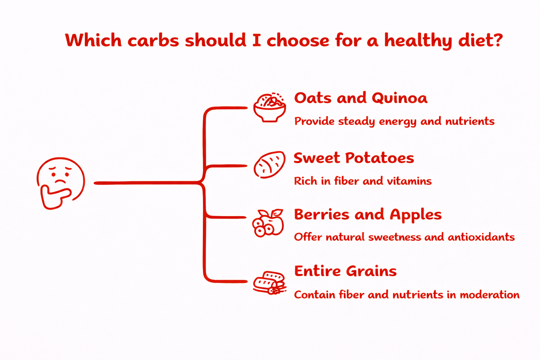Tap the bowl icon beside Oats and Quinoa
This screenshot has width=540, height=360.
(x=270, y=108)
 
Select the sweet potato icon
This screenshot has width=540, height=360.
(x=269, y=165)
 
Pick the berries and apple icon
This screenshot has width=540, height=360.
(x=268, y=223)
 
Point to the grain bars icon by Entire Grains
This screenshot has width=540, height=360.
(x=269, y=282)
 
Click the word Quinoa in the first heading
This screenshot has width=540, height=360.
(x=399, y=98)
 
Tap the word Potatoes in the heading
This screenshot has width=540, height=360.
(x=380, y=158)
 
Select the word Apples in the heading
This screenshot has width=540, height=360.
(x=416, y=215)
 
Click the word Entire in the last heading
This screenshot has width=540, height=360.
(x=318, y=271)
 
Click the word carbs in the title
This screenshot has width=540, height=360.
(x=153, y=40)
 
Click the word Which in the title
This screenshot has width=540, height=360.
(x=94, y=40)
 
